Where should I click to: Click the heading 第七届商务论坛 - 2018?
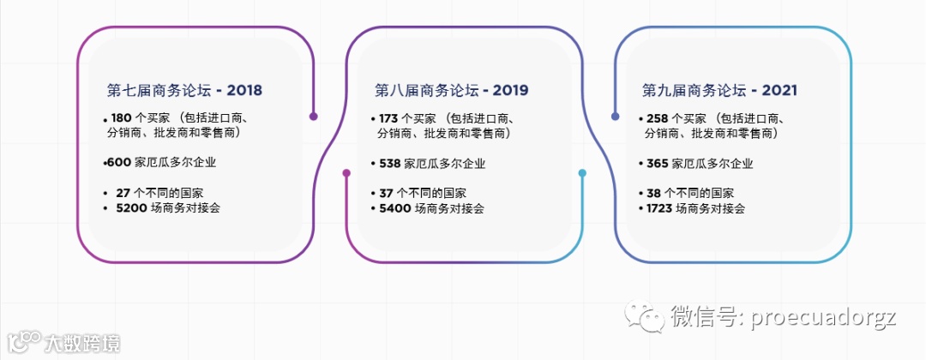[184, 90]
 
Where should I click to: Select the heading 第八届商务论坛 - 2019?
[452, 90]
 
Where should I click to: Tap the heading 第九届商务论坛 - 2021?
[720, 90]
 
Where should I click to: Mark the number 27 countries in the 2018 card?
[122, 193]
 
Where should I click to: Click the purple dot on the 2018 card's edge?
[314, 117]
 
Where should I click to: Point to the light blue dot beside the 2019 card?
[582, 173]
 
